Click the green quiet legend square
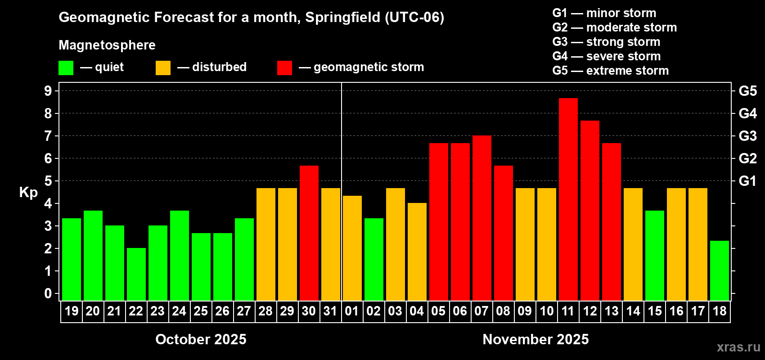66,68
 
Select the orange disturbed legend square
163,68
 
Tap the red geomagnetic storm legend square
284,68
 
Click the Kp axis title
28,193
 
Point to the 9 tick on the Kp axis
48,91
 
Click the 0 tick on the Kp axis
48,294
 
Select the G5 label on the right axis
747,91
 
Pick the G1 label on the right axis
747,181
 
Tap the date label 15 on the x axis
655,311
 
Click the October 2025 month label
201,339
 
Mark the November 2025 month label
535,339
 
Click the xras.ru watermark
738,347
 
